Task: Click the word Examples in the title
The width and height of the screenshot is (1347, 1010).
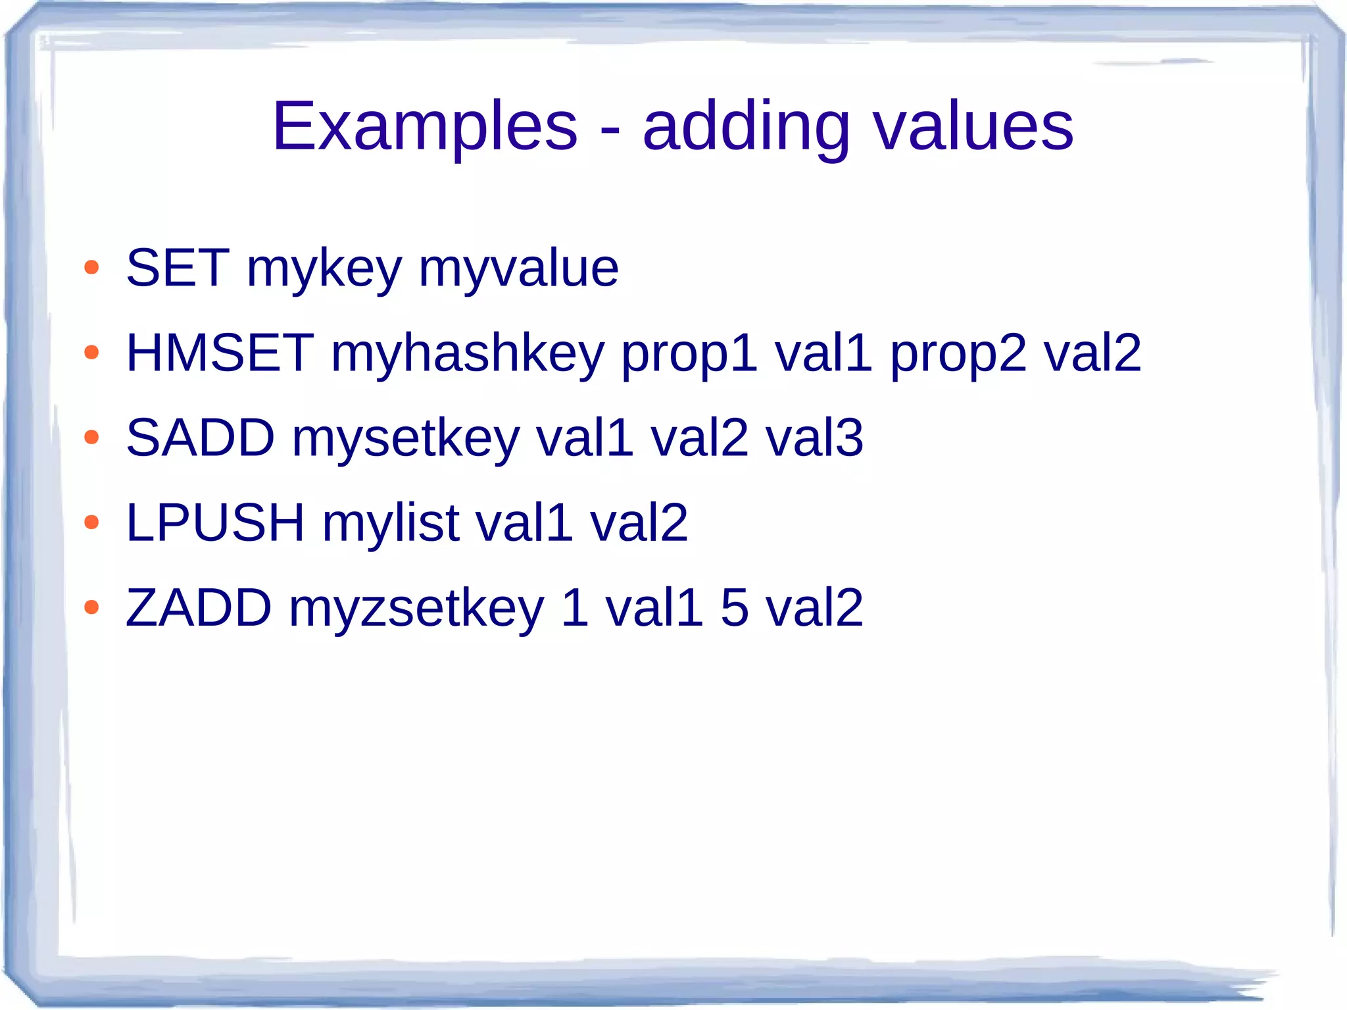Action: (x=425, y=126)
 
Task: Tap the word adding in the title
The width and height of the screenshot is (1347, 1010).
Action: (x=746, y=126)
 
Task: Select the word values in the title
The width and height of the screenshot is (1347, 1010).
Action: (x=973, y=126)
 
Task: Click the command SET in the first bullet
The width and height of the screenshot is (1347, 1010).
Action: (x=178, y=268)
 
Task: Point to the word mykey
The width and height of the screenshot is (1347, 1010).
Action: (x=324, y=270)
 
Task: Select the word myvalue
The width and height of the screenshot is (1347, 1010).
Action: (x=518, y=270)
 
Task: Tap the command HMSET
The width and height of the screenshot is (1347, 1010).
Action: (x=220, y=353)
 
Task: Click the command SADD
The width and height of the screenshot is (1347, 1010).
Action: (x=200, y=438)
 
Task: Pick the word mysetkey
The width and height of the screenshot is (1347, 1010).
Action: (x=406, y=440)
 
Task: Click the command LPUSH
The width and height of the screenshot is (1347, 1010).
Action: (x=216, y=523)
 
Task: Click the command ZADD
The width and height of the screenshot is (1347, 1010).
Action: (x=199, y=608)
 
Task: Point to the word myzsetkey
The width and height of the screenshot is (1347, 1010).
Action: (x=416, y=609)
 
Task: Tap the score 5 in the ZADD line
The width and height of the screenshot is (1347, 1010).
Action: (x=735, y=608)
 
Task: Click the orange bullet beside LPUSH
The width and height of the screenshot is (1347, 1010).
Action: (x=91, y=523)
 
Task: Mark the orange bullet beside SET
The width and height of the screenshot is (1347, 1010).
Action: (x=91, y=268)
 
